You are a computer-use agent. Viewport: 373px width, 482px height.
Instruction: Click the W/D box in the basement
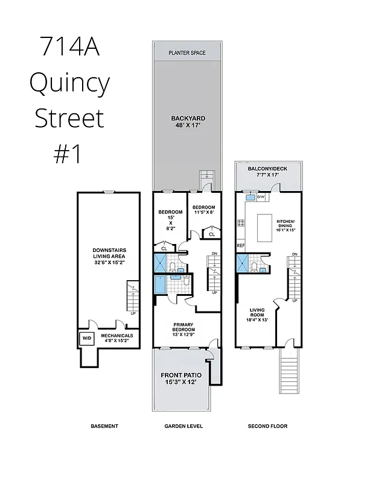[x=86, y=338]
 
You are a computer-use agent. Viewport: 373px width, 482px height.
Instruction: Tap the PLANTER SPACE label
[x=186, y=53]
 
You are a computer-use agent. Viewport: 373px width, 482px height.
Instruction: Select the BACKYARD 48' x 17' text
[x=186, y=122]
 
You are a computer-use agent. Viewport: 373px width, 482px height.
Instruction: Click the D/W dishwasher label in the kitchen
[x=261, y=197]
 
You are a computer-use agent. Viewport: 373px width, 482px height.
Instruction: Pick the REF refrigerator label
[x=241, y=246]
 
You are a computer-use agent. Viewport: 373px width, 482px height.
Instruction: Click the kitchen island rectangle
[x=267, y=227]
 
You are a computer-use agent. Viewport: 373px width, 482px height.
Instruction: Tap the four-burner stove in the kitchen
[x=241, y=223]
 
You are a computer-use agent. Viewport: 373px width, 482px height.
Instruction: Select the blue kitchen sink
[x=250, y=197]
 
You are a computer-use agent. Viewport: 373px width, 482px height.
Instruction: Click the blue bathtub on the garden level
[x=161, y=284]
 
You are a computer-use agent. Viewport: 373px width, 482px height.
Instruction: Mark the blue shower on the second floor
[x=243, y=263]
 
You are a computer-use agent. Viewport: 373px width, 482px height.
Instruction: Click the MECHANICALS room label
[x=116, y=339]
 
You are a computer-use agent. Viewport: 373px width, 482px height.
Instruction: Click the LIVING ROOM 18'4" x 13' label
[x=258, y=315]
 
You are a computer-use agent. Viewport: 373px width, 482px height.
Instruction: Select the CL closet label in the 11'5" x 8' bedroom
[x=211, y=234]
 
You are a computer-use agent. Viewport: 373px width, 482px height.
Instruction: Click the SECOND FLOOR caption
[x=267, y=426]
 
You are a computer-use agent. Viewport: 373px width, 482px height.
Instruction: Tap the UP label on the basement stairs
[x=133, y=313]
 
